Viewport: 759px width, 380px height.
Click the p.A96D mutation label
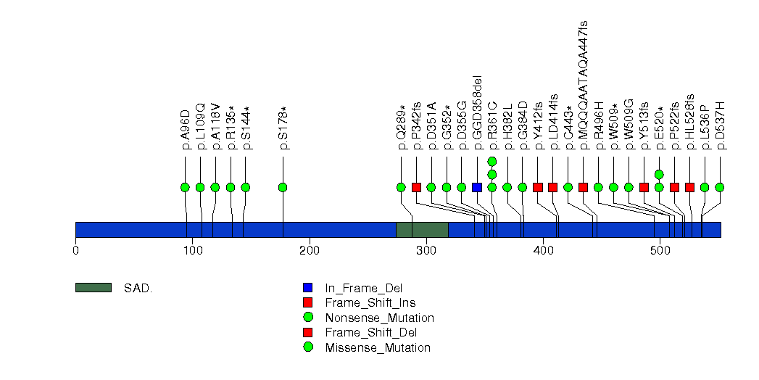[x=186, y=130]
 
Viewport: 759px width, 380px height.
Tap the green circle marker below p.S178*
[x=283, y=187]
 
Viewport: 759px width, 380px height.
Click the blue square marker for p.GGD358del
[x=476, y=187]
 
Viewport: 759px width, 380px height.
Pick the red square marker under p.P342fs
[x=416, y=187]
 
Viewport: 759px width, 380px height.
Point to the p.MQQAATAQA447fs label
[x=584, y=86]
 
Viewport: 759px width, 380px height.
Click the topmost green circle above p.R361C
[x=492, y=161]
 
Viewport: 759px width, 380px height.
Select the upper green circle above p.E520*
[x=659, y=174]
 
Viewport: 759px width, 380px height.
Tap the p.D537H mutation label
[x=721, y=126]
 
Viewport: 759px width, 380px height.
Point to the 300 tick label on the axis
[x=426, y=251]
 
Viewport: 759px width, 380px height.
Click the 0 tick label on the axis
[x=75, y=251]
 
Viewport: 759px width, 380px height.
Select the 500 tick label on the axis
[x=660, y=251]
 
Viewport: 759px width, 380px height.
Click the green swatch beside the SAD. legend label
[x=93, y=288]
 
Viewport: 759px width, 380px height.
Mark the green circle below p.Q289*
[x=401, y=187]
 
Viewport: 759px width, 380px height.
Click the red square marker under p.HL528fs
[x=689, y=187]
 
